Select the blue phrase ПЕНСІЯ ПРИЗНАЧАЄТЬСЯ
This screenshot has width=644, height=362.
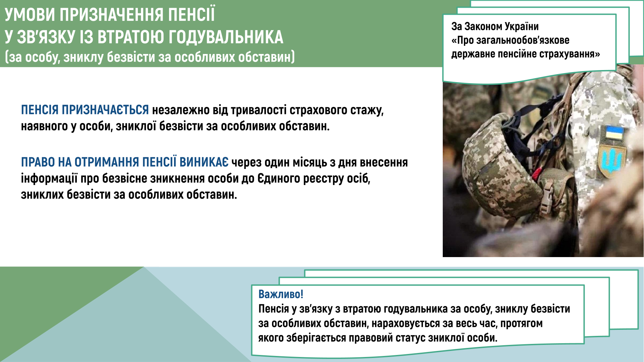pyautogui.click(x=85, y=110)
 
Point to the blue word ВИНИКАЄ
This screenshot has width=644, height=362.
pyautogui.click(x=204, y=162)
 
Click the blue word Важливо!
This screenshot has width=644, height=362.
pyautogui.click(x=281, y=294)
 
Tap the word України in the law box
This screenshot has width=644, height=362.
pyautogui.click(x=522, y=26)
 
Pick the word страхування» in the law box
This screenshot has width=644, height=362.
pyautogui.click(x=570, y=54)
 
